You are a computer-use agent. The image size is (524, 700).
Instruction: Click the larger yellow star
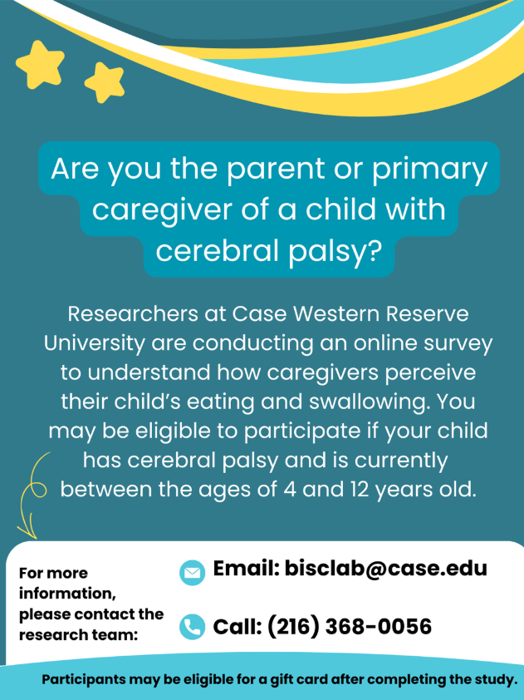[40, 65]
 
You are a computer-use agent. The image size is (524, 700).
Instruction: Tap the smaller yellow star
[105, 82]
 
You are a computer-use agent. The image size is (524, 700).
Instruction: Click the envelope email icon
[192, 572]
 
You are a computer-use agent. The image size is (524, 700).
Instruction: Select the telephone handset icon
[192, 626]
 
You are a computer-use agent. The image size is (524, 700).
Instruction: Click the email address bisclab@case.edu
[386, 569]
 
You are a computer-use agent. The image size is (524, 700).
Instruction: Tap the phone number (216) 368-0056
[349, 626]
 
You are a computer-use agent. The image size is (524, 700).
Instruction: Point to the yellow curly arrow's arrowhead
[27, 531]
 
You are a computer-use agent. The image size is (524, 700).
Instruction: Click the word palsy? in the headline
[335, 252]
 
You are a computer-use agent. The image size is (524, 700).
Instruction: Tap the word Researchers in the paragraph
[133, 313]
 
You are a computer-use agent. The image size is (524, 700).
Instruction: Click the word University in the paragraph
[95, 343]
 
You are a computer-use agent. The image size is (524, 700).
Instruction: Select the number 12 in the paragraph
[360, 490]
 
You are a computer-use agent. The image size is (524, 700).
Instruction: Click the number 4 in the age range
[290, 490]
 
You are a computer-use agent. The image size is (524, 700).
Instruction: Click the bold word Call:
[238, 626]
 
